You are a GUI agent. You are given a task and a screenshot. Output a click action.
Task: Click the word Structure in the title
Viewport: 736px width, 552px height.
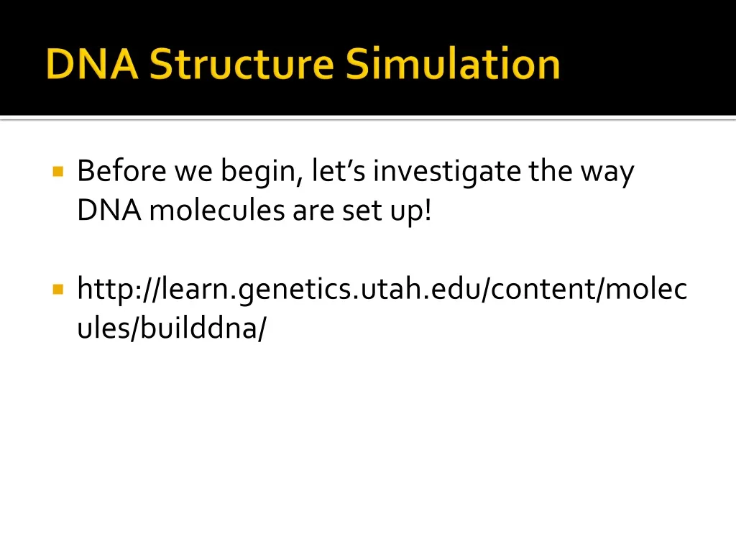tap(242, 64)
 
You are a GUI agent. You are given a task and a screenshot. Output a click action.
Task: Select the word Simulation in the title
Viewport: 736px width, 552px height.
tap(453, 64)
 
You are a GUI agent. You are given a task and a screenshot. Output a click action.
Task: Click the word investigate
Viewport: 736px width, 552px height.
tap(448, 172)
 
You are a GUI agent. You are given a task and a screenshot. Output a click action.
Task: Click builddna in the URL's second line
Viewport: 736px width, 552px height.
tap(201, 328)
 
